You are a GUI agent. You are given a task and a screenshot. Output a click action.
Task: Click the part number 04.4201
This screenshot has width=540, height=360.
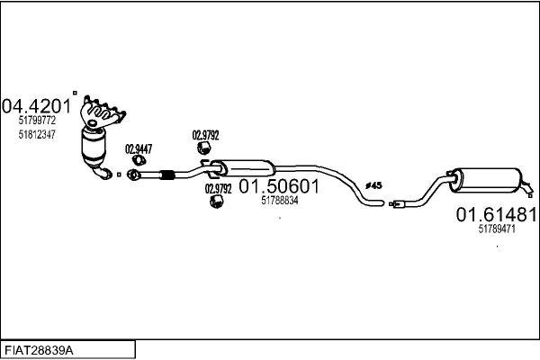click(x=36, y=105)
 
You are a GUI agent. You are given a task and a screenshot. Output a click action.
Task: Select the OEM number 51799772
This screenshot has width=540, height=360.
click(x=37, y=120)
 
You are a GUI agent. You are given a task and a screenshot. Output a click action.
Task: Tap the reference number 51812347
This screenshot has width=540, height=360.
click(x=37, y=134)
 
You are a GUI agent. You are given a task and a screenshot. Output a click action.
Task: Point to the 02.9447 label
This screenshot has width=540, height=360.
click(x=138, y=149)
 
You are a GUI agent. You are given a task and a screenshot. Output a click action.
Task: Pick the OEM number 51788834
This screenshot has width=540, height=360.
click(x=279, y=201)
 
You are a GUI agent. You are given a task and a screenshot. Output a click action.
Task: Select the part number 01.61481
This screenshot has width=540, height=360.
click(x=496, y=215)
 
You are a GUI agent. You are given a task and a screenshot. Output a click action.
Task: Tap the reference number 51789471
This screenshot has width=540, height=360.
click(x=496, y=229)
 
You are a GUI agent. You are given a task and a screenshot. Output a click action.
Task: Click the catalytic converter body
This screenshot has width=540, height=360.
click(x=94, y=148)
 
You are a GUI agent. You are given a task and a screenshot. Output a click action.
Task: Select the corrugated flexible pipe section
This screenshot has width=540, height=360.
click(x=166, y=174)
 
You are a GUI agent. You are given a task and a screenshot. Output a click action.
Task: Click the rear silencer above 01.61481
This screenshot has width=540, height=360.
click(x=485, y=178)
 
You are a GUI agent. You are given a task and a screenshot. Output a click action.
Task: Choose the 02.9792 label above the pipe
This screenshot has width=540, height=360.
click(x=206, y=135)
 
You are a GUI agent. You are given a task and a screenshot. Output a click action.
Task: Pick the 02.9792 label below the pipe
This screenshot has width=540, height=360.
click(x=219, y=189)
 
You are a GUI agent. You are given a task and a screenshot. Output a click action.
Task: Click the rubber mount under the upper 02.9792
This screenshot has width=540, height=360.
click(x=203, y=148)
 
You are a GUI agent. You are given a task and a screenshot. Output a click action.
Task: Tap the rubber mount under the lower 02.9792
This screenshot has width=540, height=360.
click(x=216, y=202)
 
